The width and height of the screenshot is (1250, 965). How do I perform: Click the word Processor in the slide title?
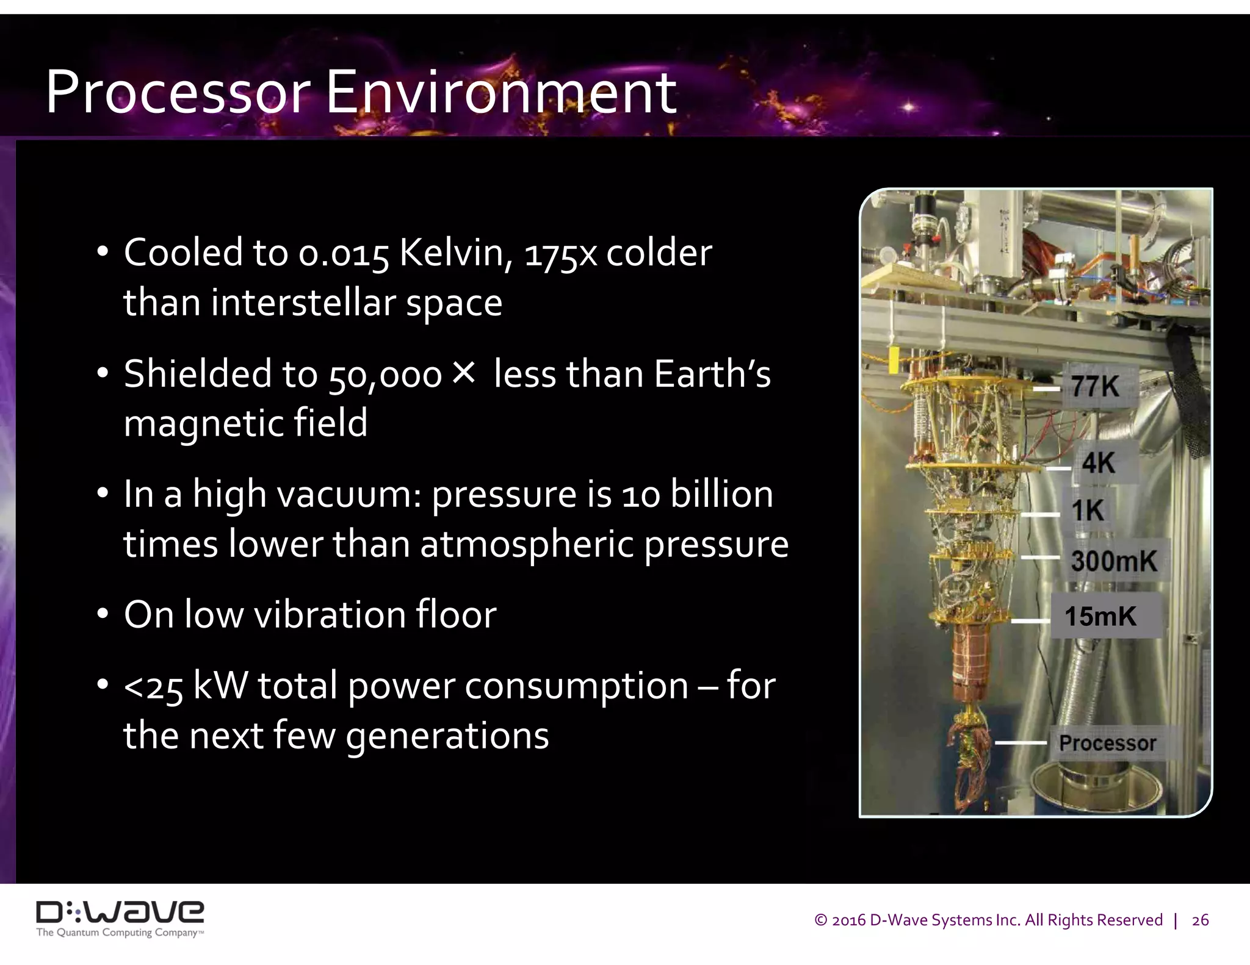point(178,93)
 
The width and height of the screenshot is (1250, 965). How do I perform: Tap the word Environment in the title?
point(500,93)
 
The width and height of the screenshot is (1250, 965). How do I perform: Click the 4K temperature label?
point(1099,463)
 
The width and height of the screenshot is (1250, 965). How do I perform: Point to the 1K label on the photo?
point(1088,510)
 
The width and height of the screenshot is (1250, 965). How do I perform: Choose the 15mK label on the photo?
point(1100,616)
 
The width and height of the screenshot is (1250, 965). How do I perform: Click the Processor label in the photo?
point(1107,743)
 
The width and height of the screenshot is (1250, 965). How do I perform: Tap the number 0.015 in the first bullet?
point(344,253)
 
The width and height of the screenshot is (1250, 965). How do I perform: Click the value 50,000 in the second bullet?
point(385,375)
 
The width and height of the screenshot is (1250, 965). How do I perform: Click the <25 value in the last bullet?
point(153,687)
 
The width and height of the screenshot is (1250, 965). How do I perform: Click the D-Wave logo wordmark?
point(120,912)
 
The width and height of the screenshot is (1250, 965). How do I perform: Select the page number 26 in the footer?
point(1200,920)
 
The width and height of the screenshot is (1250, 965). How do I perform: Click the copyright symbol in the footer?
point(821,920)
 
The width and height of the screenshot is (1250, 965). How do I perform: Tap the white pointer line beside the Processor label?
point(1021,742)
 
